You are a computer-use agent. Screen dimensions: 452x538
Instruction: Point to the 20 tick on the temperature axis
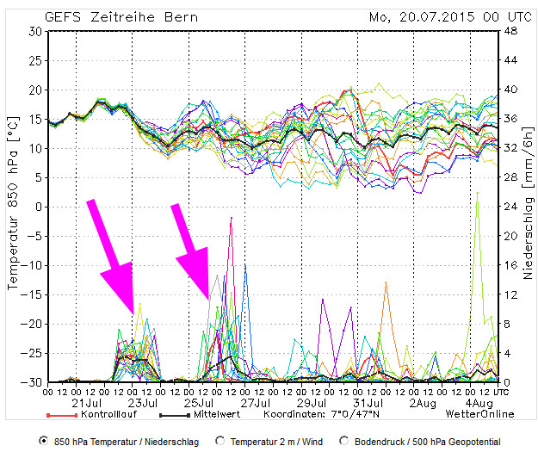pos(34,90)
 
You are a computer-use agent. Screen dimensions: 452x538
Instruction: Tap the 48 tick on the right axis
pos(510,31)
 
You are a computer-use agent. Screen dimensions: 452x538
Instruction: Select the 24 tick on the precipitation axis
pos(510,207)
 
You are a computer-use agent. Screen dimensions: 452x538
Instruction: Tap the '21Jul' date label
pos(89,403)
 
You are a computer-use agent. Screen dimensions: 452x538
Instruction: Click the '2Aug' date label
pos(424,403)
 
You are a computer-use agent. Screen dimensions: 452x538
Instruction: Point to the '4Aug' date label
pos(479,403)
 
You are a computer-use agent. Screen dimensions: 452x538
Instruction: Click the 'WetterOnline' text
pos(470,414)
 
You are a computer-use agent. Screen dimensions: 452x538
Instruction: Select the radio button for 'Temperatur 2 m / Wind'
pos(220,440)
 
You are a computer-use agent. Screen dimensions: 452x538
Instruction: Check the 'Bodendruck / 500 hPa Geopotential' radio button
pos(343,440)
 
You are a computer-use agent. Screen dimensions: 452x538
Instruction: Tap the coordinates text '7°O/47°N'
pos(358,414)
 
